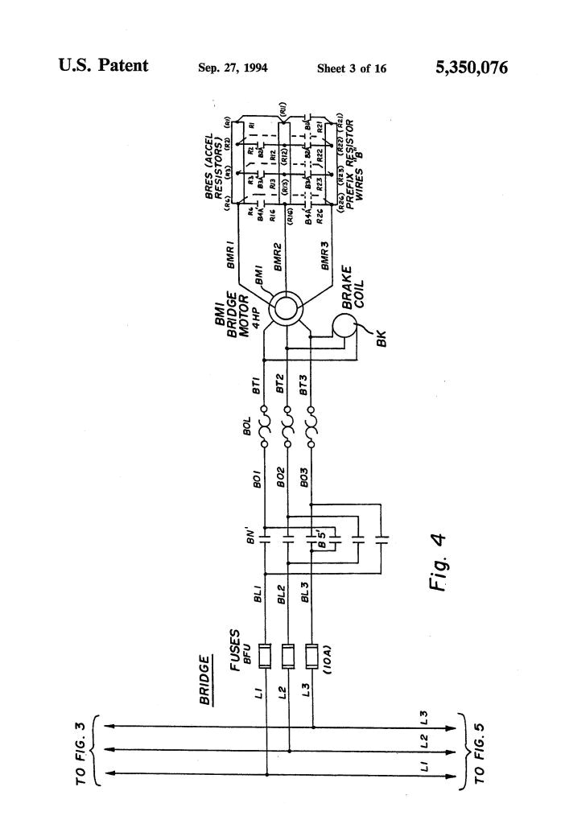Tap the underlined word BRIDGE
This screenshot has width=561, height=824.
(206, 681)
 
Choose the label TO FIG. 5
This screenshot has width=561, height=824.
(481, 752)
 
